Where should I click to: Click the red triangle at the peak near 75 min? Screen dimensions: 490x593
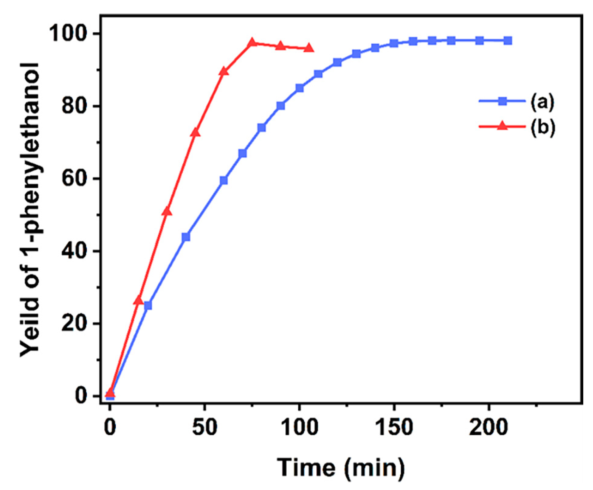(252, 43)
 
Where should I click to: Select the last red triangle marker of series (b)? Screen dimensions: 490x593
(309, 48)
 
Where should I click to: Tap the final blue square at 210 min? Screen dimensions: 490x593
(508, 40)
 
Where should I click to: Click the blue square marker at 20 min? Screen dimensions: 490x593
(148, 305)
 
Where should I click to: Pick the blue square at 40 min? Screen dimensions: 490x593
(186, 237)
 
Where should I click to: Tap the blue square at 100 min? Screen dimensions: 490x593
(299, 88)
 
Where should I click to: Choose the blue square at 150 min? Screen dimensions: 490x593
(394, 43)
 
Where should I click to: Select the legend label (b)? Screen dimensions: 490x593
(543, 127)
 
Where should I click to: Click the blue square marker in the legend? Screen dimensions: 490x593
(503, 101)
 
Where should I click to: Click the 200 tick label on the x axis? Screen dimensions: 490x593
(488, 427)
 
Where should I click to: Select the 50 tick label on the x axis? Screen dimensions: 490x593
(205, 427)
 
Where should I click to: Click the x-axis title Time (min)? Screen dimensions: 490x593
(341, 467)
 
